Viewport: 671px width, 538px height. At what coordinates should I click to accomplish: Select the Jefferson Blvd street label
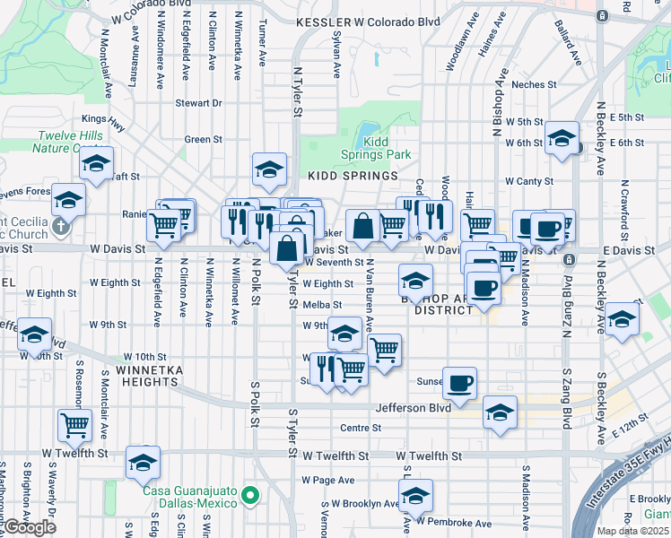pos(414,407)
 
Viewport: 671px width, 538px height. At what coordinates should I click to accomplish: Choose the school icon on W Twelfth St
pos(143,461)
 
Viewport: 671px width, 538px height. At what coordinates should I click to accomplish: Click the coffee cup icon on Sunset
pos(460,382)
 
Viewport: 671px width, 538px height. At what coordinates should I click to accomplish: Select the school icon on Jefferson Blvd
pos(500,411)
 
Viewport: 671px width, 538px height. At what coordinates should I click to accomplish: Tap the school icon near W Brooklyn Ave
pos(415,494)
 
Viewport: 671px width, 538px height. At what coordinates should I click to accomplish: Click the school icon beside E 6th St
pos(562,137)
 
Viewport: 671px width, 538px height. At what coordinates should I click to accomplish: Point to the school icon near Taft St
pos(96,162)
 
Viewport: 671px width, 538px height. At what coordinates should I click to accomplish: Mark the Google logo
pos(29,527)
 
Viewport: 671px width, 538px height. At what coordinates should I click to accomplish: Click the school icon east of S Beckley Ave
pos(622,318)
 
